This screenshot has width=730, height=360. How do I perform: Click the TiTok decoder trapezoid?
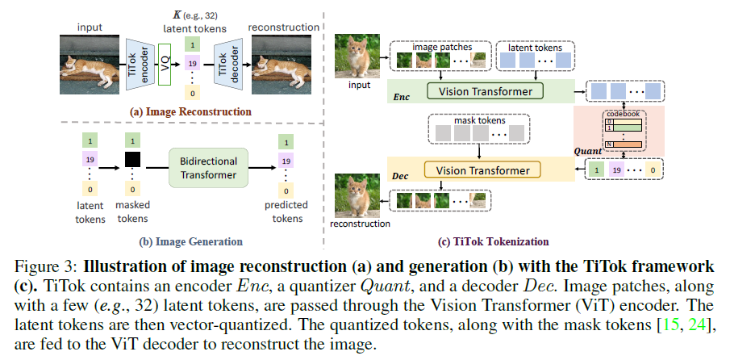tap(227, 62)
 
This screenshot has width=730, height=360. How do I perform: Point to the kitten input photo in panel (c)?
tap(359, 54)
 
